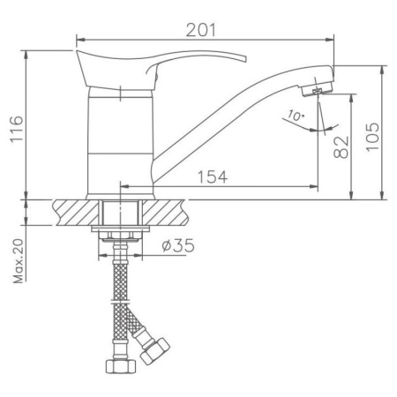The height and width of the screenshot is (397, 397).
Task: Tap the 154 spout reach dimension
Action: (209, 176)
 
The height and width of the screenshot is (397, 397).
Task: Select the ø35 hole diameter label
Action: (179, 246)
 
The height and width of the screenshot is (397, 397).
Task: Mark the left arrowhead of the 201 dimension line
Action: (80, 39)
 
